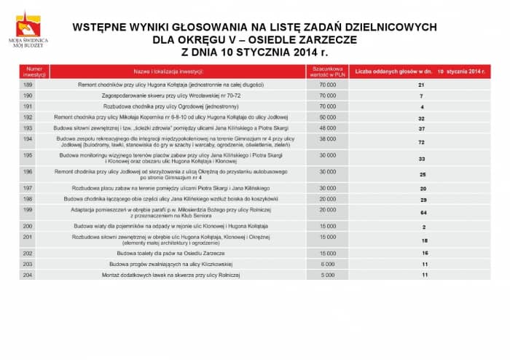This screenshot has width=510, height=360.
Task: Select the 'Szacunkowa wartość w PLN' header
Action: coord(328,71)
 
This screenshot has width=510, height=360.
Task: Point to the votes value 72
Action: coord(421,142)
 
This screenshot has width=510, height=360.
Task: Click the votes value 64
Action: coord(422,212)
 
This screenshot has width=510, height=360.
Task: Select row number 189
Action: coord(28,85)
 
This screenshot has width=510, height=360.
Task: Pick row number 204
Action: coord(28,275)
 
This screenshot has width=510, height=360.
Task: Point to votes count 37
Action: coord(421,128)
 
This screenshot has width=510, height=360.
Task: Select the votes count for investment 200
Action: coord(422,227)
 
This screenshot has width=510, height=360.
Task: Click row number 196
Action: coord(28,171)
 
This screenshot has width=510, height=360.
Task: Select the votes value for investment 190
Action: coord(421,96)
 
